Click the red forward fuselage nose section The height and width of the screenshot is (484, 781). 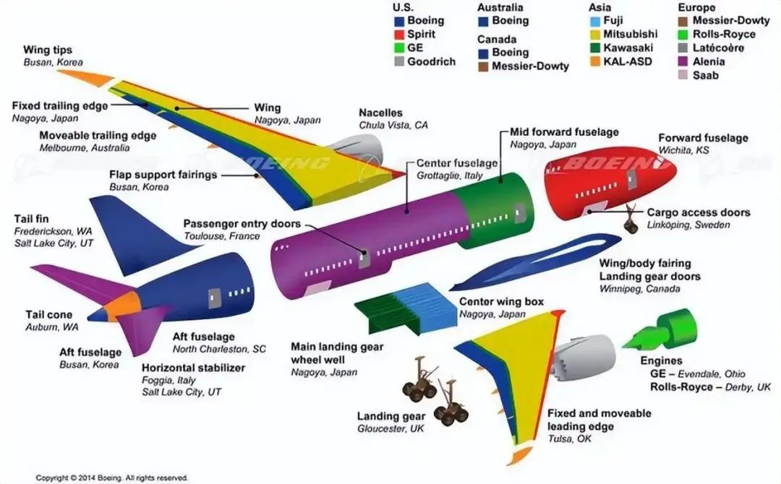click(x=607, y=181)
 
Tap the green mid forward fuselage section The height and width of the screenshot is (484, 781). click(x=499, y=209)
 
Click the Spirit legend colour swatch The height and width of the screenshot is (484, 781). click(x=398, y=35)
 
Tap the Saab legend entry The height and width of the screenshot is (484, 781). click(x=705, y=75)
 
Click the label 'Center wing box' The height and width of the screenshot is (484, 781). click(x=501, y=302)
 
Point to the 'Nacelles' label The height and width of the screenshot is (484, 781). click(x=380, y=113)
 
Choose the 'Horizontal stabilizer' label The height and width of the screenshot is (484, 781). click(x=193, y=368)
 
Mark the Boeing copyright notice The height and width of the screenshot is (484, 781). click(x=112, y=477)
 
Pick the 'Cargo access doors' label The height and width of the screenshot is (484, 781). click(x=698, y=212)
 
